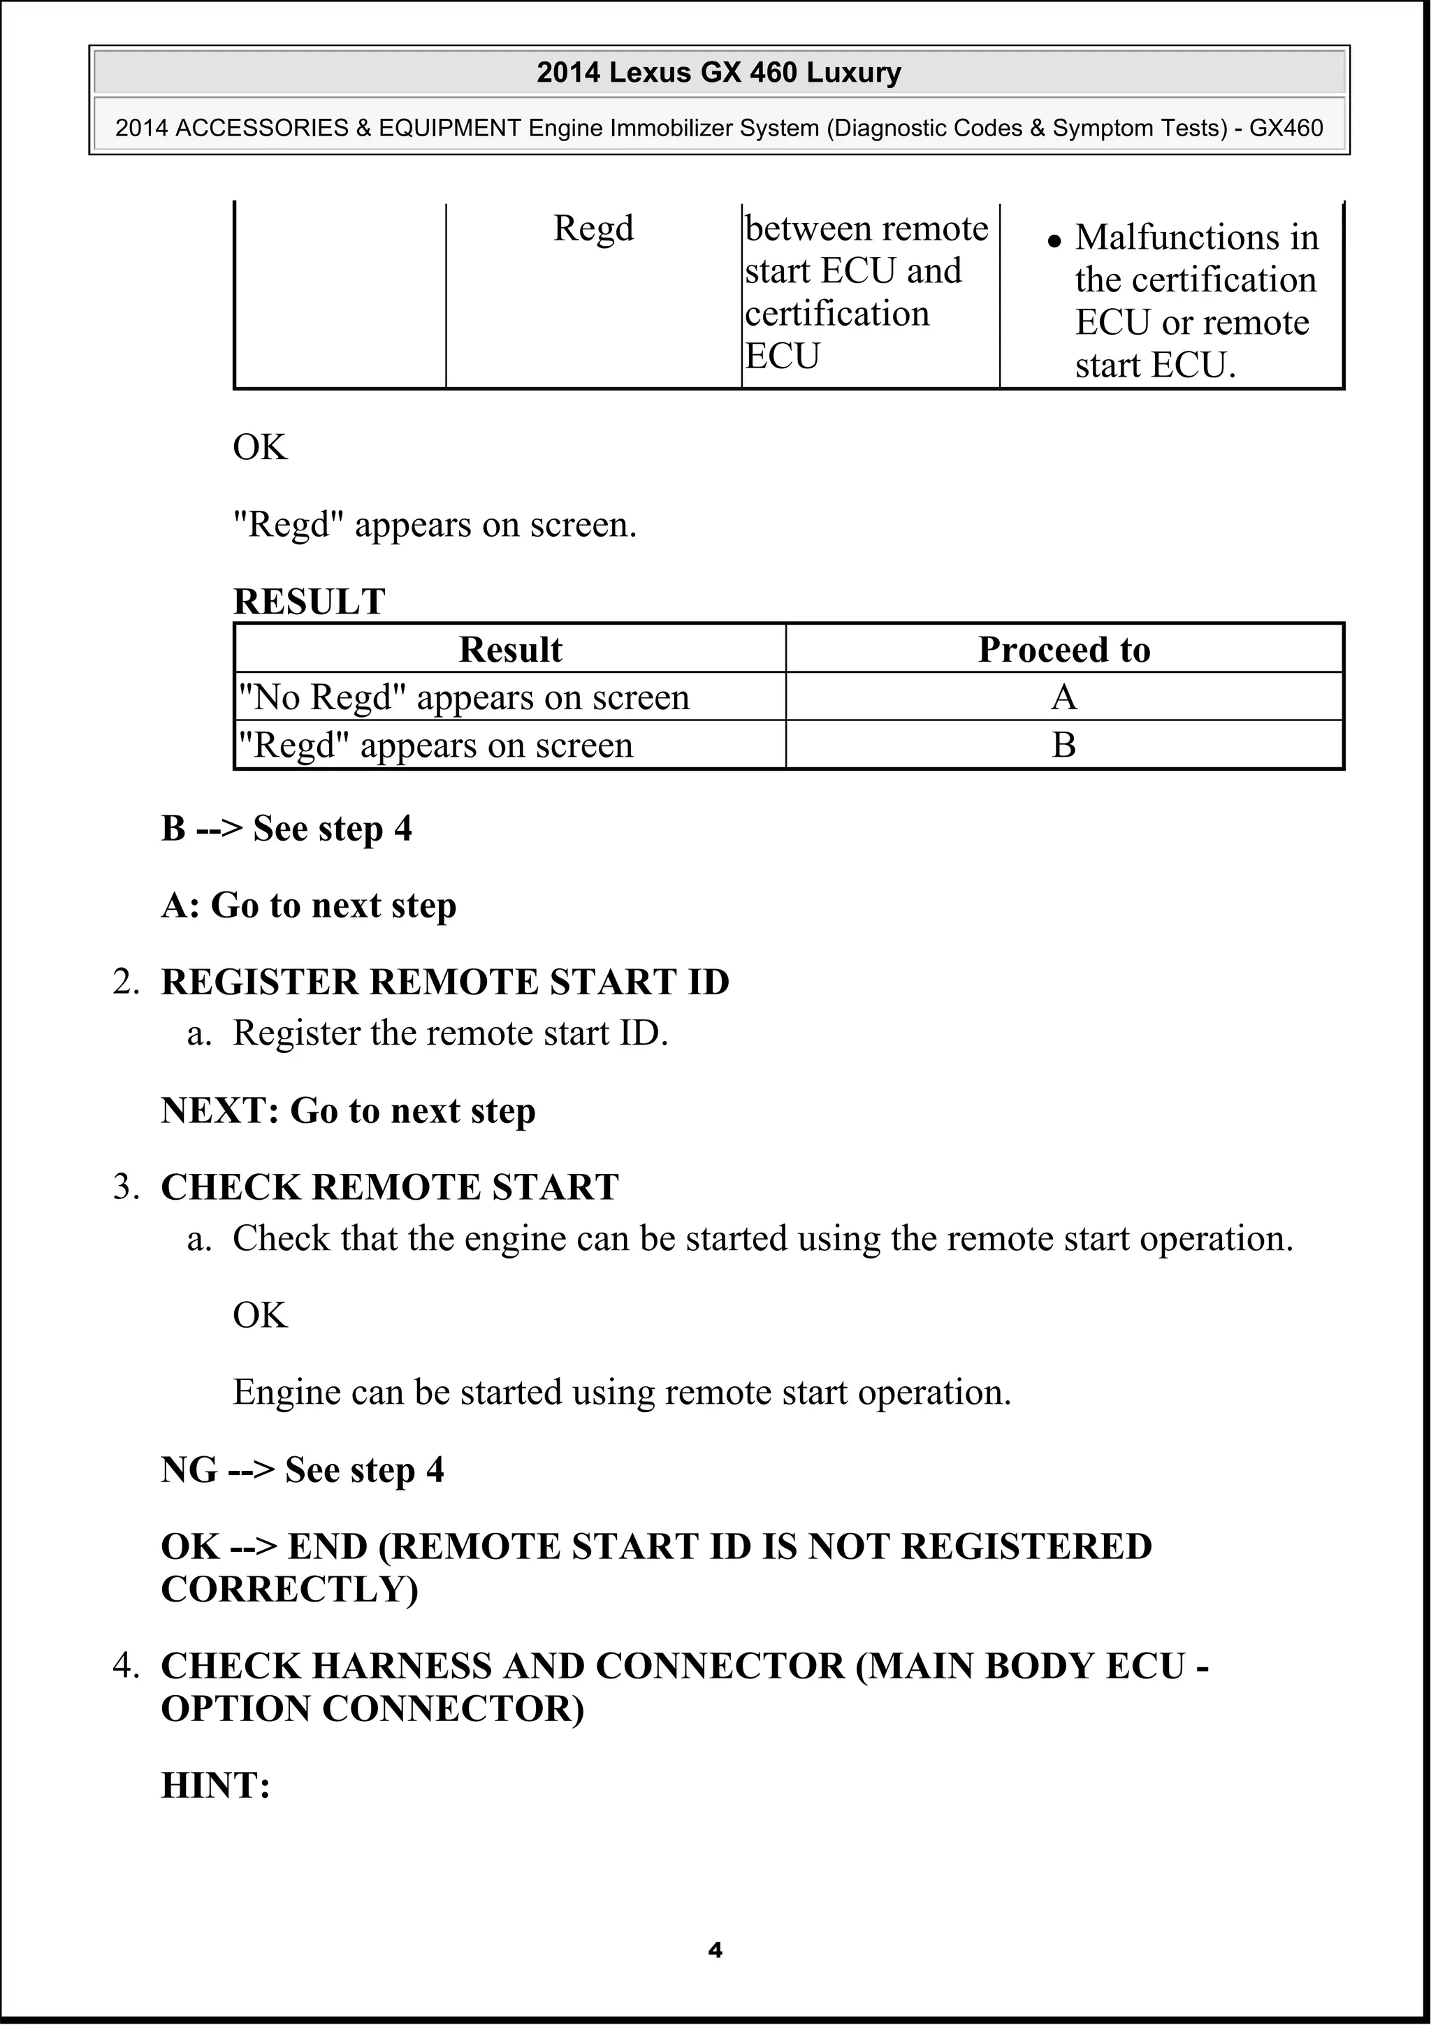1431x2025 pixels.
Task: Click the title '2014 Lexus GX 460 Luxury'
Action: point(718,73)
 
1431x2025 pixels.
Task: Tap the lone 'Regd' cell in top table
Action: point(593,228)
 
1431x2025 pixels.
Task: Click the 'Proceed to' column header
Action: point(1063,650)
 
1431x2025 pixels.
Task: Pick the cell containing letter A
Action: point(1063,697)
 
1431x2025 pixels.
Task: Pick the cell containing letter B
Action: point(1063,746)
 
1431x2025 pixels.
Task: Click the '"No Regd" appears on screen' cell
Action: point(464,697)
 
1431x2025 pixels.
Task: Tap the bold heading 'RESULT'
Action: point(309,602)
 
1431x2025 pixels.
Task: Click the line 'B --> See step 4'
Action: point(286,829)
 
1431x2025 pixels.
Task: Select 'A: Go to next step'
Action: point(309,906)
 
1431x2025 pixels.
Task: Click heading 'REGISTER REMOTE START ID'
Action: point(444,982)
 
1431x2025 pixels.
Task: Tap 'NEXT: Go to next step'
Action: point(347,1111)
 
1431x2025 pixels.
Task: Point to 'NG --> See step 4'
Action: point(302,1470)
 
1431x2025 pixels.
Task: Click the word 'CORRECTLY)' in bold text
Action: point(289,1589)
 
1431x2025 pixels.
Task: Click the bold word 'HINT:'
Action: point(215,1786)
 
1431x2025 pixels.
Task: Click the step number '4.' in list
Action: point(126,1666)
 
